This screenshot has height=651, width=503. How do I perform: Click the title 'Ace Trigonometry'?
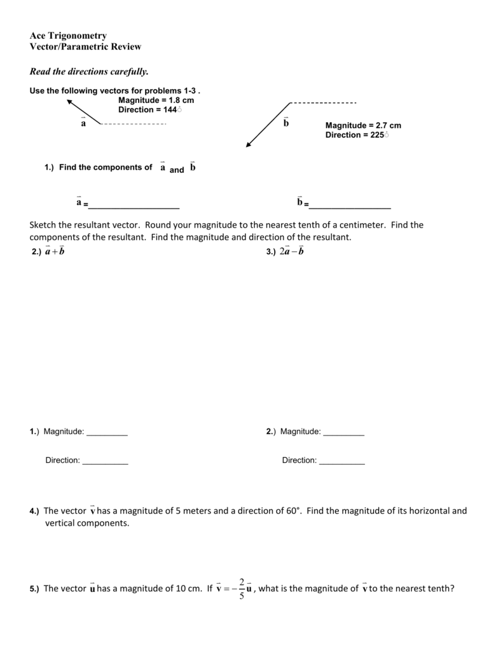tap(68, 36)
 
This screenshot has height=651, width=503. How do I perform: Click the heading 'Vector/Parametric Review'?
tap(85, 46)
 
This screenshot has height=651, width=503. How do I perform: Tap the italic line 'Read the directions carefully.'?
tap(89, 71)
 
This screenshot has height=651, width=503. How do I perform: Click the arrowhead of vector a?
tap(70, 102)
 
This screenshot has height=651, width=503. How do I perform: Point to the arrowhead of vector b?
tap(249, 144)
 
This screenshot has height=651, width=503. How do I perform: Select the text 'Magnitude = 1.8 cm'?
tap(156, 100)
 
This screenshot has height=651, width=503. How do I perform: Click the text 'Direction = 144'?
tap(150, 110)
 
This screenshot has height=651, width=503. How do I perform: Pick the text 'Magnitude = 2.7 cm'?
tap(363, 126)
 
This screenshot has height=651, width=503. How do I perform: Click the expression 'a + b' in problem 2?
tap(55, 252)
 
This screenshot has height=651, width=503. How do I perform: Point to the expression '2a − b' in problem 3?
tap(292, 252)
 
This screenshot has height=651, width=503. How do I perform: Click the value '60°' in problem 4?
tap(292, 511)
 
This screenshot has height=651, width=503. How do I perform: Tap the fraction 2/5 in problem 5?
tap(242, 589)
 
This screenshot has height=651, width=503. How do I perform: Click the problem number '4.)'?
tap(34, 511)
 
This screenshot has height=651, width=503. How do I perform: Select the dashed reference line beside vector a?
tap(134, 123)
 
